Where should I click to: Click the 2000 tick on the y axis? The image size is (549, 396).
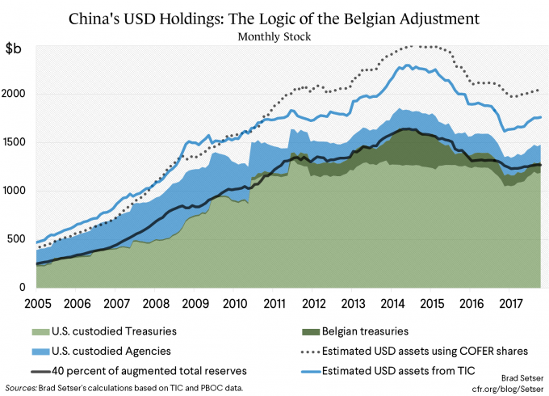pyautogui.click(x=19, y=94)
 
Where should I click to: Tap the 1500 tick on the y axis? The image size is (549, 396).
pyautogui.click(x=19, y=142)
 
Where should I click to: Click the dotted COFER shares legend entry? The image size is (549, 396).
pyautogui.click(x=421, y=350)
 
